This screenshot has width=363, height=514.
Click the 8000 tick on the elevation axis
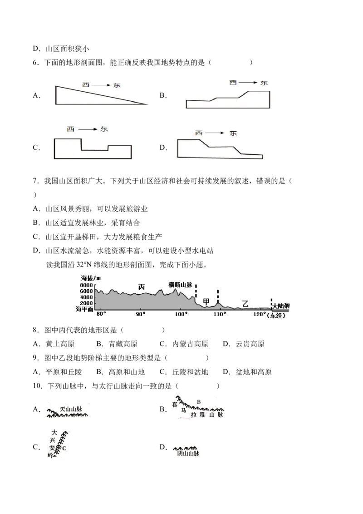pyautogui.click(x=87, y=285)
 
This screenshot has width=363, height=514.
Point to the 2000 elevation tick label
pyautogui.click(x=87, y=303)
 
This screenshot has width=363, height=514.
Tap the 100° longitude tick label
pyautogui.click(x=181, y=314)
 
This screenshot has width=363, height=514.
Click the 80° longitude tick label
pyautogui.click(x=101, y=314)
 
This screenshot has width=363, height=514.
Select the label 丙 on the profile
pyautogui.click(x=142, y=287)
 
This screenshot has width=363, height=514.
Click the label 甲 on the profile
pyautogui.click(x=206, y=301)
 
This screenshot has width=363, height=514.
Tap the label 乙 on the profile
pyautogui.click(x=245, y=304)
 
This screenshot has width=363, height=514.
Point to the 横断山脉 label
pyautogui.click(x=181, y=285)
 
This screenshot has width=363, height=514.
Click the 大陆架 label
pyautogui.click(x=281, y=306)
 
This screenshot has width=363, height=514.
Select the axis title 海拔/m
pyautogui.click(x=91, y=278)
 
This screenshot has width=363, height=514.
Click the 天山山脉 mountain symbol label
pyautogui.click(x=71, y=409)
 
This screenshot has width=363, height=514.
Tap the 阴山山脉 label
pyautogui.click(x=188, y=453)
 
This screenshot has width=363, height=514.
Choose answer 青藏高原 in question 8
pyautogui.click(x=123, y=344)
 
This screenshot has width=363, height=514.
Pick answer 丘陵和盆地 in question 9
pyautogui.click(x=190, y=372)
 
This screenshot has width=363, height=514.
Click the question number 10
pyautogui.click(x=38, y=386)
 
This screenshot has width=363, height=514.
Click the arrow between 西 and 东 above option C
pyautogui.click(x=88, y=129)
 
